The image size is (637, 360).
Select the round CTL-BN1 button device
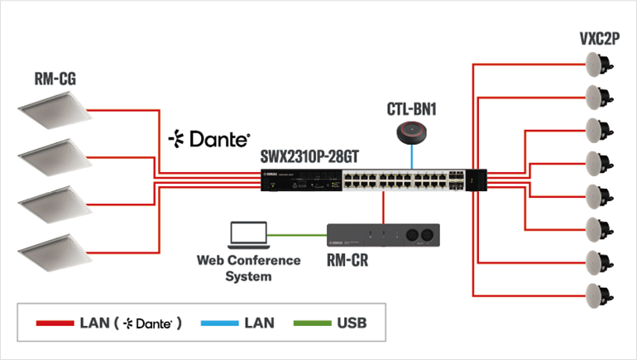411,131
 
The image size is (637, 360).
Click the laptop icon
248,234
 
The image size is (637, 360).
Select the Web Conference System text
248,267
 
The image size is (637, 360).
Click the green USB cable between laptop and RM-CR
299,234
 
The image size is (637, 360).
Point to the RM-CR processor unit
383,236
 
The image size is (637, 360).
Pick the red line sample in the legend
55,323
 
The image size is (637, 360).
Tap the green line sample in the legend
313,323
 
